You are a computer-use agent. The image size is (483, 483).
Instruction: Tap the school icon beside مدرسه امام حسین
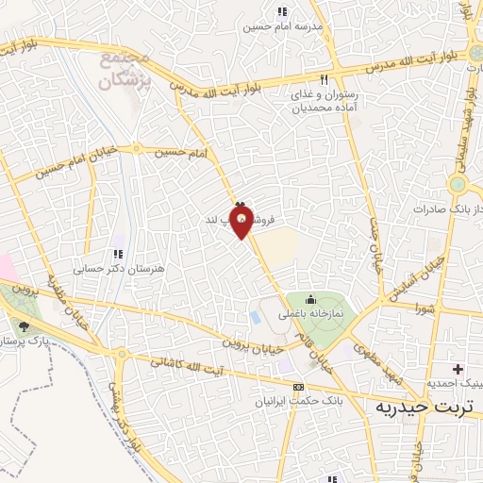[280, 11]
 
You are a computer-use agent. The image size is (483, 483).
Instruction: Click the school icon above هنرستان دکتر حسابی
[118, 253]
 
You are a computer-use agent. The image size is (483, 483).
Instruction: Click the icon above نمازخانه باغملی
[310, 299]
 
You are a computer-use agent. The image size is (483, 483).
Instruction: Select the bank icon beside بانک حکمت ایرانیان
[299, 387]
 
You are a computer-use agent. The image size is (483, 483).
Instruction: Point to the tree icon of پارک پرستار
[24, 325]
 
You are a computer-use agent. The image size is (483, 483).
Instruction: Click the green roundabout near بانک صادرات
[459, 184]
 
